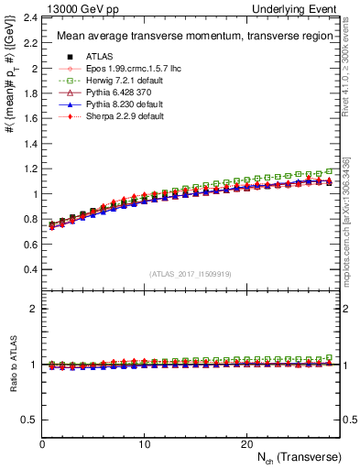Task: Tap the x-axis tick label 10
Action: coord(144,443)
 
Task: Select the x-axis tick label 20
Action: coord(245,443)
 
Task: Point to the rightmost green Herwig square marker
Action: coord(330,170)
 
